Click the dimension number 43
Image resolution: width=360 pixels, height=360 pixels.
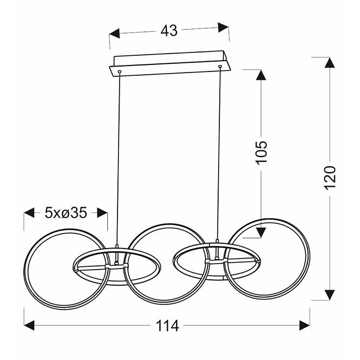169,30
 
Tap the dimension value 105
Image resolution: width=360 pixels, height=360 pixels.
261,153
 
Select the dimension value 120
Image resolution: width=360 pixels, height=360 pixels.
330,178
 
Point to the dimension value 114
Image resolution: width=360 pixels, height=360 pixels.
167,325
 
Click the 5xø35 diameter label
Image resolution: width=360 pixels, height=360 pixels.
66,213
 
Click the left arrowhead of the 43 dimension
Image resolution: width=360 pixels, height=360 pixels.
114,34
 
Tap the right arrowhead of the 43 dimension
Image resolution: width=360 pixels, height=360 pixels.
223,27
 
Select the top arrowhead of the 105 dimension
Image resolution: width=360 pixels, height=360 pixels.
261,75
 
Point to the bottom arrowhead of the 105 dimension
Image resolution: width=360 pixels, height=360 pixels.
261,233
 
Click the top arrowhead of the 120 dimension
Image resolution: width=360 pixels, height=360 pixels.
330,62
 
